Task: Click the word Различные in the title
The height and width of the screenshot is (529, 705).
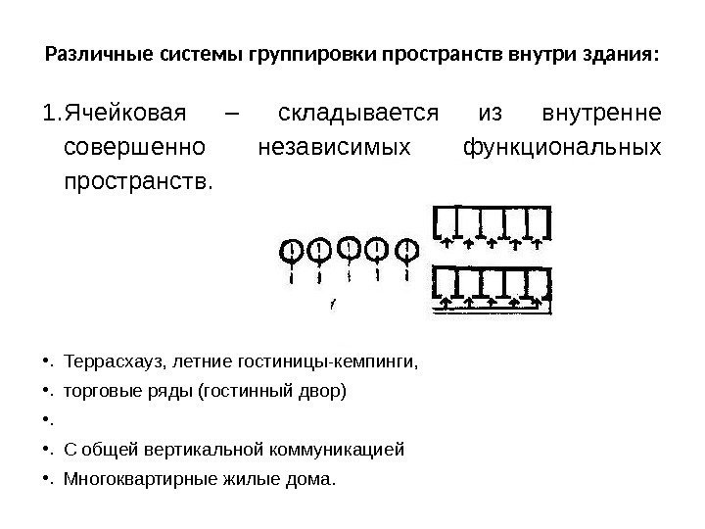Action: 93,51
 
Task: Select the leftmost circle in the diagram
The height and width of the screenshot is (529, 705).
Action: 291,251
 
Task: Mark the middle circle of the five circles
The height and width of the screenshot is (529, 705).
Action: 348,249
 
